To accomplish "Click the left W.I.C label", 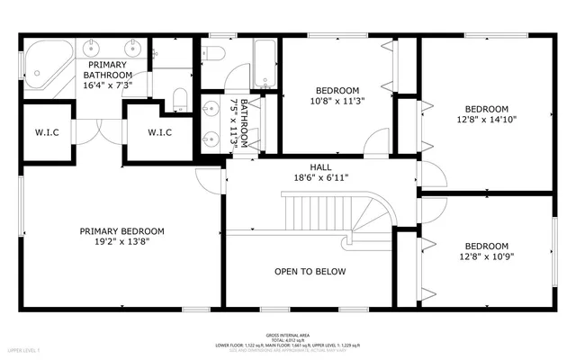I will [47, 133].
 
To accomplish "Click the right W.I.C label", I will [148, 133].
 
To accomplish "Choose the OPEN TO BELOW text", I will [310, 272].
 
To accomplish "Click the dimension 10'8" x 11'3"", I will [337, 102].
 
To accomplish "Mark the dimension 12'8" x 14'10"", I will [487, 118].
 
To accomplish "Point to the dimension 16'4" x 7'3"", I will [108, 85].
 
